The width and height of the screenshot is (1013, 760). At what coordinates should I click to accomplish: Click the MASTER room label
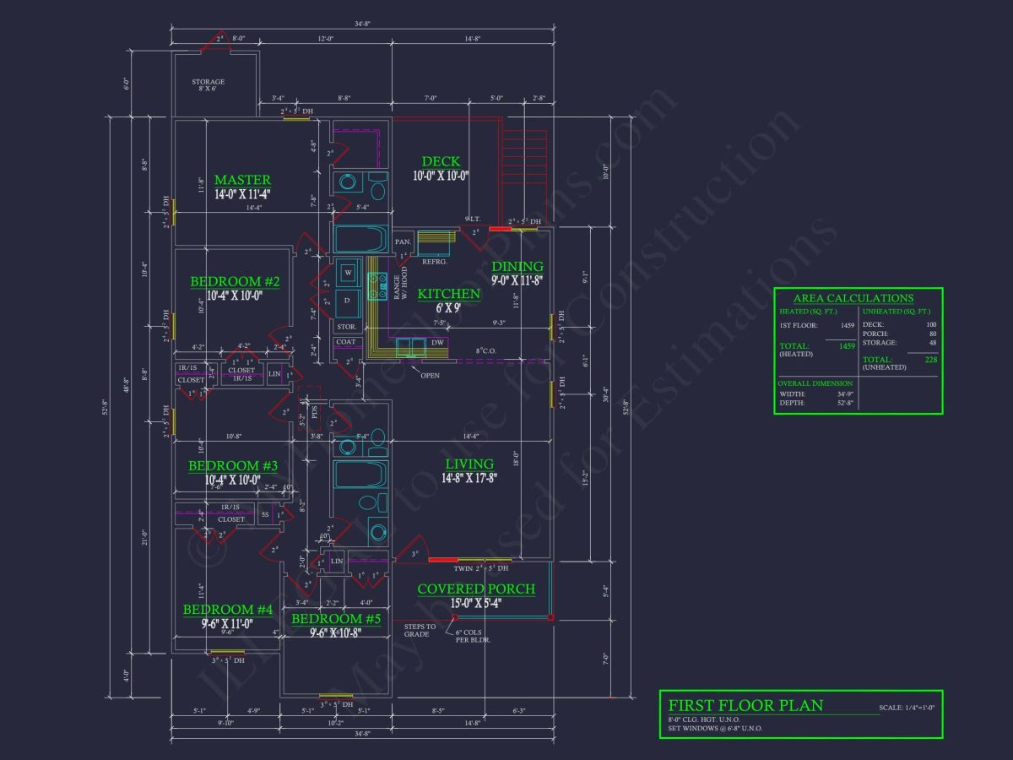(242, 180)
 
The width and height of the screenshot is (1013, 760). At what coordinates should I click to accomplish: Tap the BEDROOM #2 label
(235, 281)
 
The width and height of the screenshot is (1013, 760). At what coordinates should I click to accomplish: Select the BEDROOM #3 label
(232, 466)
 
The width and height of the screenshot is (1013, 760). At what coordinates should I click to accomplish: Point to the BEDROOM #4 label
(228, 610)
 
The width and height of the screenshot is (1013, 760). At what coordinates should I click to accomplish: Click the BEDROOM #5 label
(336, 619)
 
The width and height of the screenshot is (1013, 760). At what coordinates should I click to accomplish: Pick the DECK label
(441, 161)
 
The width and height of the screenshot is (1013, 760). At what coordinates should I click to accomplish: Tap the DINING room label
(517, 267)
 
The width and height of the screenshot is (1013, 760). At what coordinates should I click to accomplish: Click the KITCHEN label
(448, 294)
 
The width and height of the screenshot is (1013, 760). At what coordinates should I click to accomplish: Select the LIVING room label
(469, 464)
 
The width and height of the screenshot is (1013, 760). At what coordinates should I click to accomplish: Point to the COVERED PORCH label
(476, 589)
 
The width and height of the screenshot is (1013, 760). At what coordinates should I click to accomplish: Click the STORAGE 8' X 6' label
(208, 85)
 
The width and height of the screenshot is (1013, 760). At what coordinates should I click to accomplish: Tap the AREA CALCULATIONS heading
(853, 298)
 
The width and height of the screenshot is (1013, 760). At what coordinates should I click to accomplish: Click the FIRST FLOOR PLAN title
(745, 705)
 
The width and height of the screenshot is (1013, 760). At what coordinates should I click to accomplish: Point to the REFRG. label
(434, 262)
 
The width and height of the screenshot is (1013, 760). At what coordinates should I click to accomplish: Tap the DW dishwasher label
(437, 343)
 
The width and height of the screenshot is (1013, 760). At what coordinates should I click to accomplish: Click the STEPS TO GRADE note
(420, 630)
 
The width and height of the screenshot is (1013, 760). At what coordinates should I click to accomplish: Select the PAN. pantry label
(404, 242)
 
